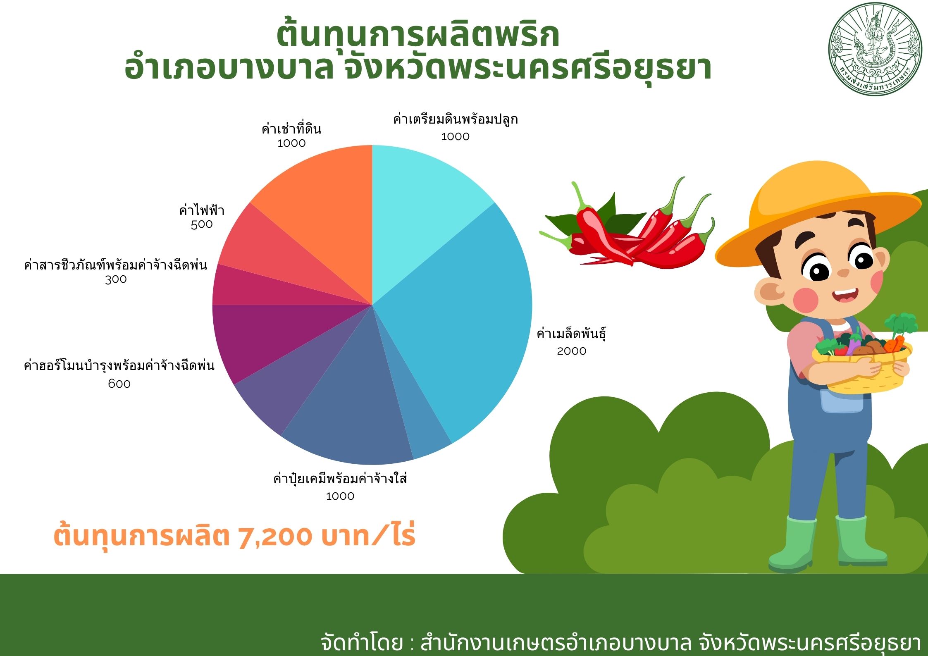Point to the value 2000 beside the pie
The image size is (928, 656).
(x=571, y=351)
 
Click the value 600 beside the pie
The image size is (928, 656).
(x=119, y=384)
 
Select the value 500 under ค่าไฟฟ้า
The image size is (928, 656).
(x=202, y=224)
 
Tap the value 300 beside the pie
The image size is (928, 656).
(x=116, y=279)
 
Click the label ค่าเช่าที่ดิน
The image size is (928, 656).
(x=291, y=129)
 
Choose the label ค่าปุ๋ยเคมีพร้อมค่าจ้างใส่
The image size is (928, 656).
(x=340, y=479)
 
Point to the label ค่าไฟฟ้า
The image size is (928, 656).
(x=202, y=210)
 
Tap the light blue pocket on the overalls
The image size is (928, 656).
(x=842, y=400)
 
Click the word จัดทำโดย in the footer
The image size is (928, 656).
(x=362, y=642)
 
